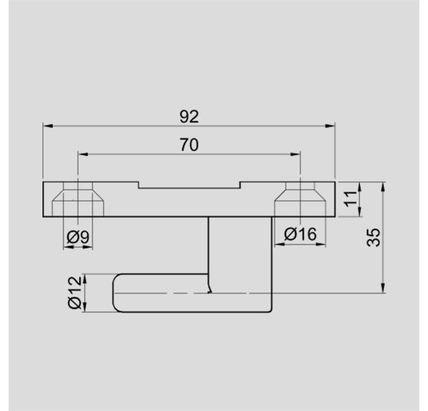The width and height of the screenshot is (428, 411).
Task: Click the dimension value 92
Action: click(x=189, y=117)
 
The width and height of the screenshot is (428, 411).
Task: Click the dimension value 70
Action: click(x=189, y=144)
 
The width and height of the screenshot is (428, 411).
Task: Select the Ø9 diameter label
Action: click(x=78, y=237)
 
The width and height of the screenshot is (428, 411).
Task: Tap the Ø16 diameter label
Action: click(x=300, y=234)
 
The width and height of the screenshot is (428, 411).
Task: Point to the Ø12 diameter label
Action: click(x=75, y=293)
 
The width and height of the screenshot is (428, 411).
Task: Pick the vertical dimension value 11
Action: click(x=350, y=199)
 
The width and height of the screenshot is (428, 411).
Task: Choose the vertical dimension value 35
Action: click(x=373, y=237)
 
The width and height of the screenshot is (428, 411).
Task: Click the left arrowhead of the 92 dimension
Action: click(x=48, y=126)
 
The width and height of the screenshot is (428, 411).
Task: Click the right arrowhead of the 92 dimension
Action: click(x=330, y=126)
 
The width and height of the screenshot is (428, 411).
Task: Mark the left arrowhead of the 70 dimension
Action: click(x=83, y=154)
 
